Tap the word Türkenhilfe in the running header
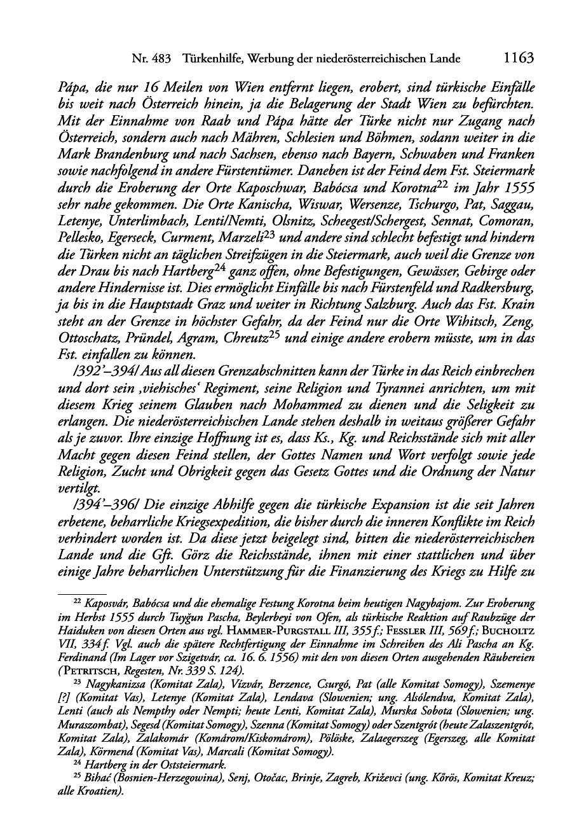[x=214, y=59]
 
